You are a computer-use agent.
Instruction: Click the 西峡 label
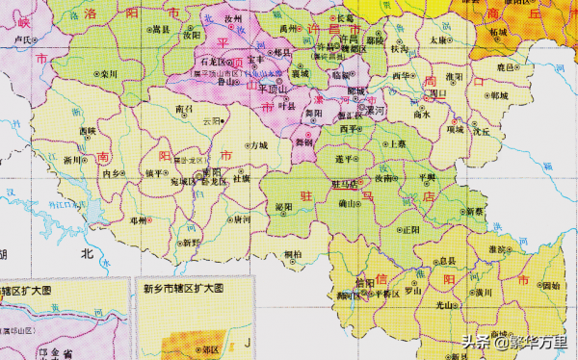[x=89, y=130]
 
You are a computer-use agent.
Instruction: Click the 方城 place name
[x=257, y=146]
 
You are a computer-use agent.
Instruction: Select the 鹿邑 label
[x=505, y=68]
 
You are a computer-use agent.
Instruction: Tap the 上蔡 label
[x=395, y=143]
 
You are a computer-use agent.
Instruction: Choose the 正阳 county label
[x=411, y=229]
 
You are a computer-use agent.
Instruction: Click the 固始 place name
[x=550, y=286]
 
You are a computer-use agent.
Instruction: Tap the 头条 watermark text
[x=476, y=340]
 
